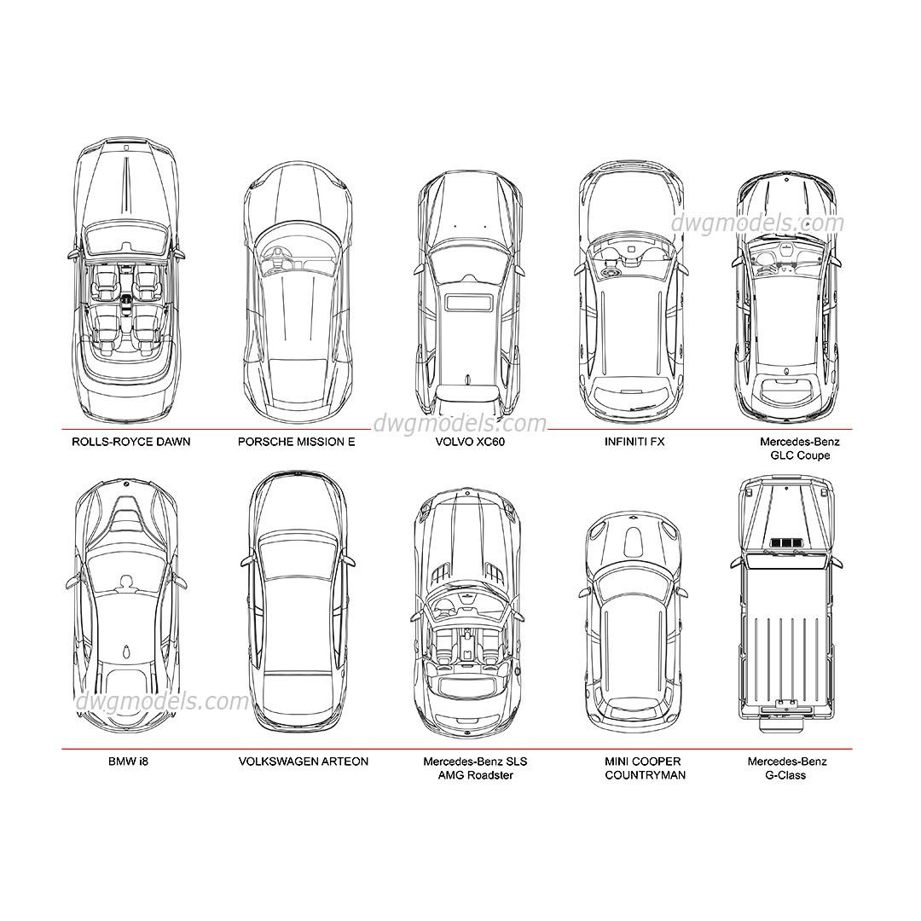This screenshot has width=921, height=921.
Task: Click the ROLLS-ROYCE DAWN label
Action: click(x=131, y=442)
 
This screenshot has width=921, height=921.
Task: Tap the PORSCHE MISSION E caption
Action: click(x=296, y=442)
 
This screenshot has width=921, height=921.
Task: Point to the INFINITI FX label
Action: click(x=634, y=442)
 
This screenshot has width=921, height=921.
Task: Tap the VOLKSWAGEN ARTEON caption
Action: click(x=304, y=761)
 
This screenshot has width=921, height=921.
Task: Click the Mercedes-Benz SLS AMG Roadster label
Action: click(x=475, y=767)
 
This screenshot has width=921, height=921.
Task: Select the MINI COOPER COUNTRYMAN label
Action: click(x=645, y=767)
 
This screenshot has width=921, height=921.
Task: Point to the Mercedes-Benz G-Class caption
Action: click(x=787, y=767)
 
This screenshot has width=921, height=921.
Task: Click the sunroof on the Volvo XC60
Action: click(x=469, y=302)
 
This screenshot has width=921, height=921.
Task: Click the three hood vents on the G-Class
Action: click(x=785, y=543)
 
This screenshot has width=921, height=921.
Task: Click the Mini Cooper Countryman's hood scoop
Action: click(x=634, y=538)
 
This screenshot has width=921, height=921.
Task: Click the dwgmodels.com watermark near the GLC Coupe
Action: click(x=757, y=223)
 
